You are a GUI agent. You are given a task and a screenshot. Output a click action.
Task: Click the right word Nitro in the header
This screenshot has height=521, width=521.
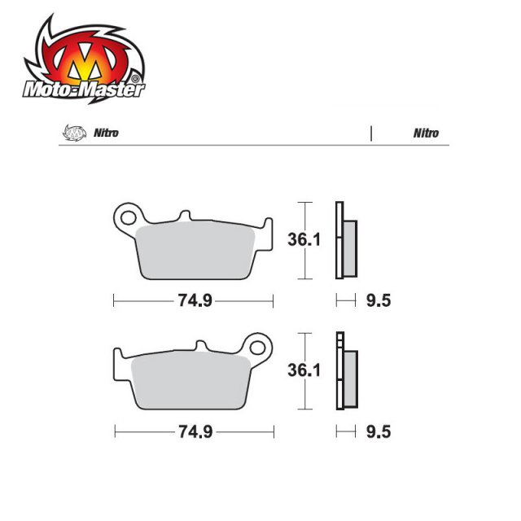pos(426,134)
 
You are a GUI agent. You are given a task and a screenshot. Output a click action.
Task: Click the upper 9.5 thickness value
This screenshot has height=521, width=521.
pos(379,301)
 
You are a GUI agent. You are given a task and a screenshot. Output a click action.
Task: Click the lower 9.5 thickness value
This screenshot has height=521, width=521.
pos(379,431)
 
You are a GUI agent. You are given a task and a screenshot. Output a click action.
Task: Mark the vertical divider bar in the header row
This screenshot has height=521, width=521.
pos(371,134)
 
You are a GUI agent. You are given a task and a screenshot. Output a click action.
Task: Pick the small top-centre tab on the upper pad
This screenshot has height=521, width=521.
pos(184,216)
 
